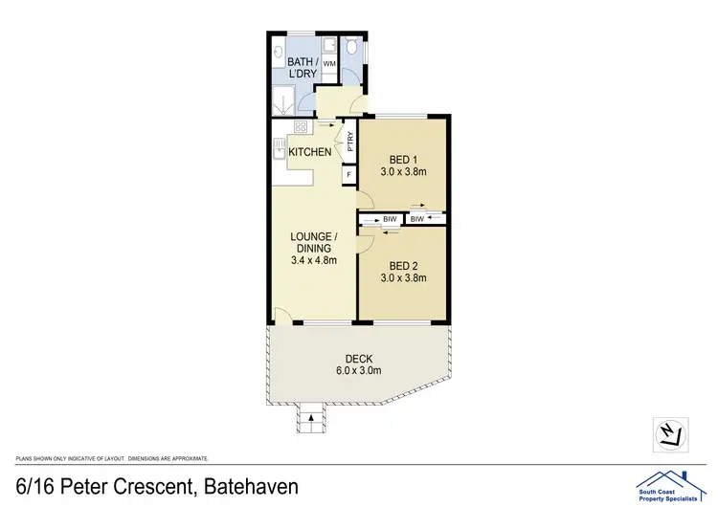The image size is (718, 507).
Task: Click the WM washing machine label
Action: (329, 63)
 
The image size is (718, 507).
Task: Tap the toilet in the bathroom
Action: (351, 47)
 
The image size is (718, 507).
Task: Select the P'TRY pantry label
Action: (350, 143)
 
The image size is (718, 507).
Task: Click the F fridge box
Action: (348, 175)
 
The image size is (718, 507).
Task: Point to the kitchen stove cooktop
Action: (301, 127)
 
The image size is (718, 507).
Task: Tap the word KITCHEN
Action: (311, 152)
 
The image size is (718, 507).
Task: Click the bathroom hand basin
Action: (279, 52)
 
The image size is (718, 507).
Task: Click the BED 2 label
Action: (402, 266)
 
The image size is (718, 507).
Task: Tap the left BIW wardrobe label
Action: (390, 220)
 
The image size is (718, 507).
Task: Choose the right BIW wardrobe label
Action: (416, 220)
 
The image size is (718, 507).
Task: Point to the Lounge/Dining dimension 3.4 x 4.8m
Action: (314, 259)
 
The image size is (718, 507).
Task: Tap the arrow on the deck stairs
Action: (311, 413)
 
